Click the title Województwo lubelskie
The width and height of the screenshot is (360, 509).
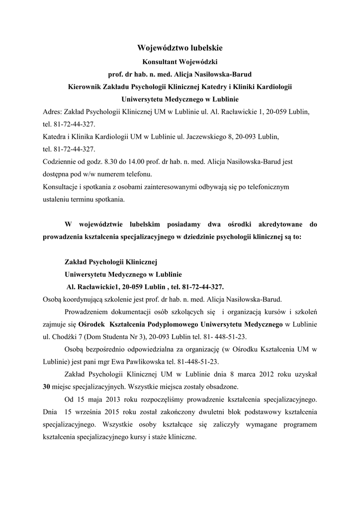[x=180, y=48]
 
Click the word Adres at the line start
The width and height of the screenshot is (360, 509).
[x=52, y=112]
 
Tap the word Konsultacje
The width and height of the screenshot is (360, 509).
[x=62, y=188]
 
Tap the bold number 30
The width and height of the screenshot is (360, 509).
[x=48, y=386]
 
